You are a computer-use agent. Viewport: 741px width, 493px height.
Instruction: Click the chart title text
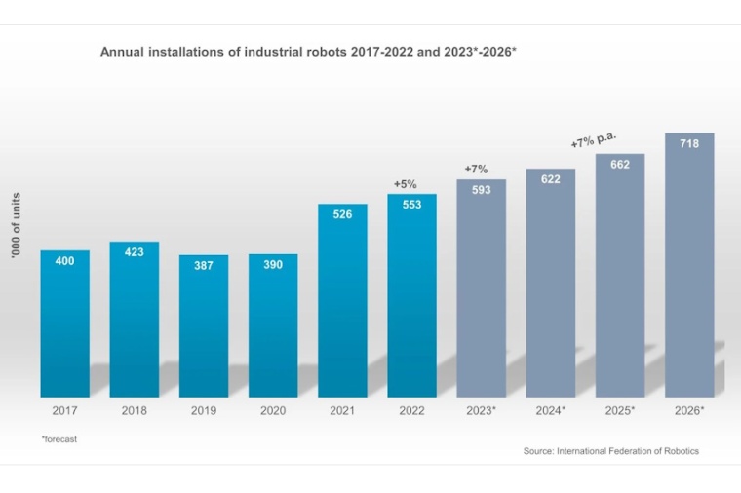pos(308,51)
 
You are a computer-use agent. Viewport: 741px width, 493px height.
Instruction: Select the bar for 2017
pos(64,326)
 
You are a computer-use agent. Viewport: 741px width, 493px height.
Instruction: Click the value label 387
pos(204,265)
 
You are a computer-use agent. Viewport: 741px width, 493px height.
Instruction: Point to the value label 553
pos(411,205)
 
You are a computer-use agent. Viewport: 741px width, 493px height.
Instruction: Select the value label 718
pos(689,144)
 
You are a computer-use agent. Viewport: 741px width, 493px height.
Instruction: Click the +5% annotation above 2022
pos(405,183)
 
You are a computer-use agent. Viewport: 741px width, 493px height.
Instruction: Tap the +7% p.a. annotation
pos(594,139)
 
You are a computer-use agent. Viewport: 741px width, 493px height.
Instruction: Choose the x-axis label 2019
pos(204,411)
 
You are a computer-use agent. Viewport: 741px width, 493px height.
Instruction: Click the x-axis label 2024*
pos(551,411)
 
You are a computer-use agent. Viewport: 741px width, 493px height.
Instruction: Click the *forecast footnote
pos(59,439)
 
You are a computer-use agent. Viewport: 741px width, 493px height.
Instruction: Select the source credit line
pos(610,451)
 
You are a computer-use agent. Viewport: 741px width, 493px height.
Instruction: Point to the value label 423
pos(135,252)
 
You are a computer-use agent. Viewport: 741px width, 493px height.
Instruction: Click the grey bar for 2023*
pos(482,292)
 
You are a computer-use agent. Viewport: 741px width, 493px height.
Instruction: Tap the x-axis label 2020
pos(273,411)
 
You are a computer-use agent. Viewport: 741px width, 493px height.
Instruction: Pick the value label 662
pos(620,165)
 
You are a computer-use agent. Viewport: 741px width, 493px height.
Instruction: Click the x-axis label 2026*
pos(689,411)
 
